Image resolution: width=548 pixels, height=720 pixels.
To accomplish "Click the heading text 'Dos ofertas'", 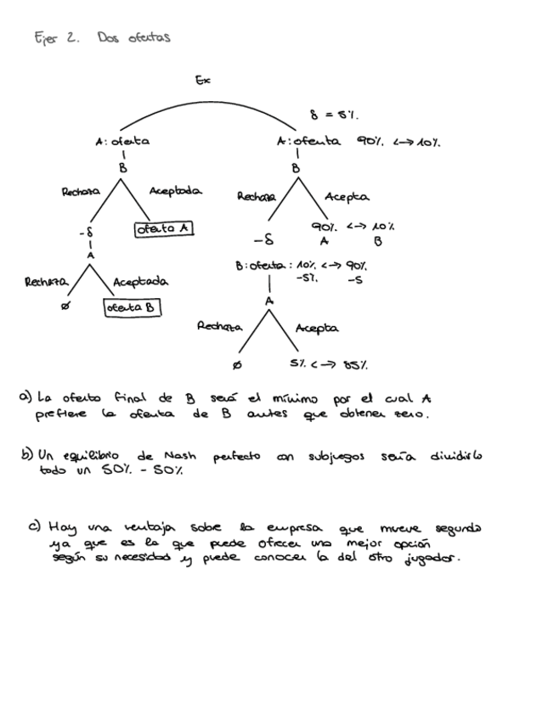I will [x=133, y=37].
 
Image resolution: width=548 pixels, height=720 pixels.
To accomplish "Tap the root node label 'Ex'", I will [x=202, y=81].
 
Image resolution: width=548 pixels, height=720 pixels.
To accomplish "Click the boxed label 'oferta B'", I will [x=132, y=308].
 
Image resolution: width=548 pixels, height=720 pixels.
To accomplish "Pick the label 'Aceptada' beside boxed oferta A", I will [x=175, y=192].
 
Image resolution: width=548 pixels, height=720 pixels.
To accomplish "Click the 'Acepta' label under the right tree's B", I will [x=346, y=197].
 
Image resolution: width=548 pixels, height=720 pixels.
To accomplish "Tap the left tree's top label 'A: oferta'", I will [x=122, y=142].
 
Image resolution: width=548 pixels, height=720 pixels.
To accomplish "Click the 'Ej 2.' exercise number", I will [x=54, y=37].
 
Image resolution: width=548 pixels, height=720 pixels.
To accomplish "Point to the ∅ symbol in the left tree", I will [x=65, y=308].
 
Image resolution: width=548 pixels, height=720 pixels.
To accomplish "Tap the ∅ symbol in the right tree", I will [x=236, y=365].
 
